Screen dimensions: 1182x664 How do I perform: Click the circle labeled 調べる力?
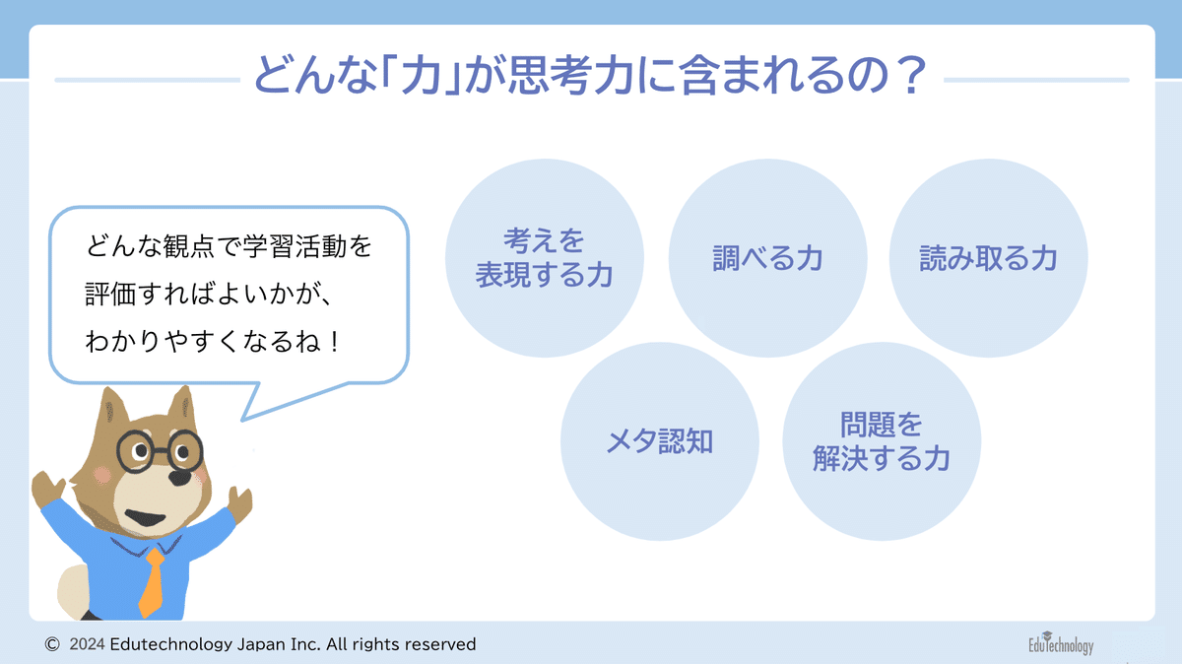pos(767,258)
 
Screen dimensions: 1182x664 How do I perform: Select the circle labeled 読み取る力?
pos(988,258)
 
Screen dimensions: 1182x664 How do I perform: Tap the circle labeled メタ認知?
pos(660,441)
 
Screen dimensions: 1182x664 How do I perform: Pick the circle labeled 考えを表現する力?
pos(545,258)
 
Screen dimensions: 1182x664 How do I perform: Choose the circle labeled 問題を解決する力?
pos(882,441)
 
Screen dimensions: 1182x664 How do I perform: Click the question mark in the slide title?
pos(913,76)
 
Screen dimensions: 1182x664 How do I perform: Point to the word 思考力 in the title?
pos(571,75)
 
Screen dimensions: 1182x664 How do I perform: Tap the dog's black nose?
pos(180,478)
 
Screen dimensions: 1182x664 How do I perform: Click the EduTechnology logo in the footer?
pos(1061,643)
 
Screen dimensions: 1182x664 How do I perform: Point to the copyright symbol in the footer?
pos(51,644)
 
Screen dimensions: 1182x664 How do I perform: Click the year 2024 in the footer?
pos(87,644)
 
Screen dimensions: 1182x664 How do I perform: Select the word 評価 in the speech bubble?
pos(110,294)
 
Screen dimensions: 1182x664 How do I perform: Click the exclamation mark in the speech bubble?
pos(334,342)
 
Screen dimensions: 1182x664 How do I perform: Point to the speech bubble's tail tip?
pos(242,421)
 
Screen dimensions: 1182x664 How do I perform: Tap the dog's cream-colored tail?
pos(74,591)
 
